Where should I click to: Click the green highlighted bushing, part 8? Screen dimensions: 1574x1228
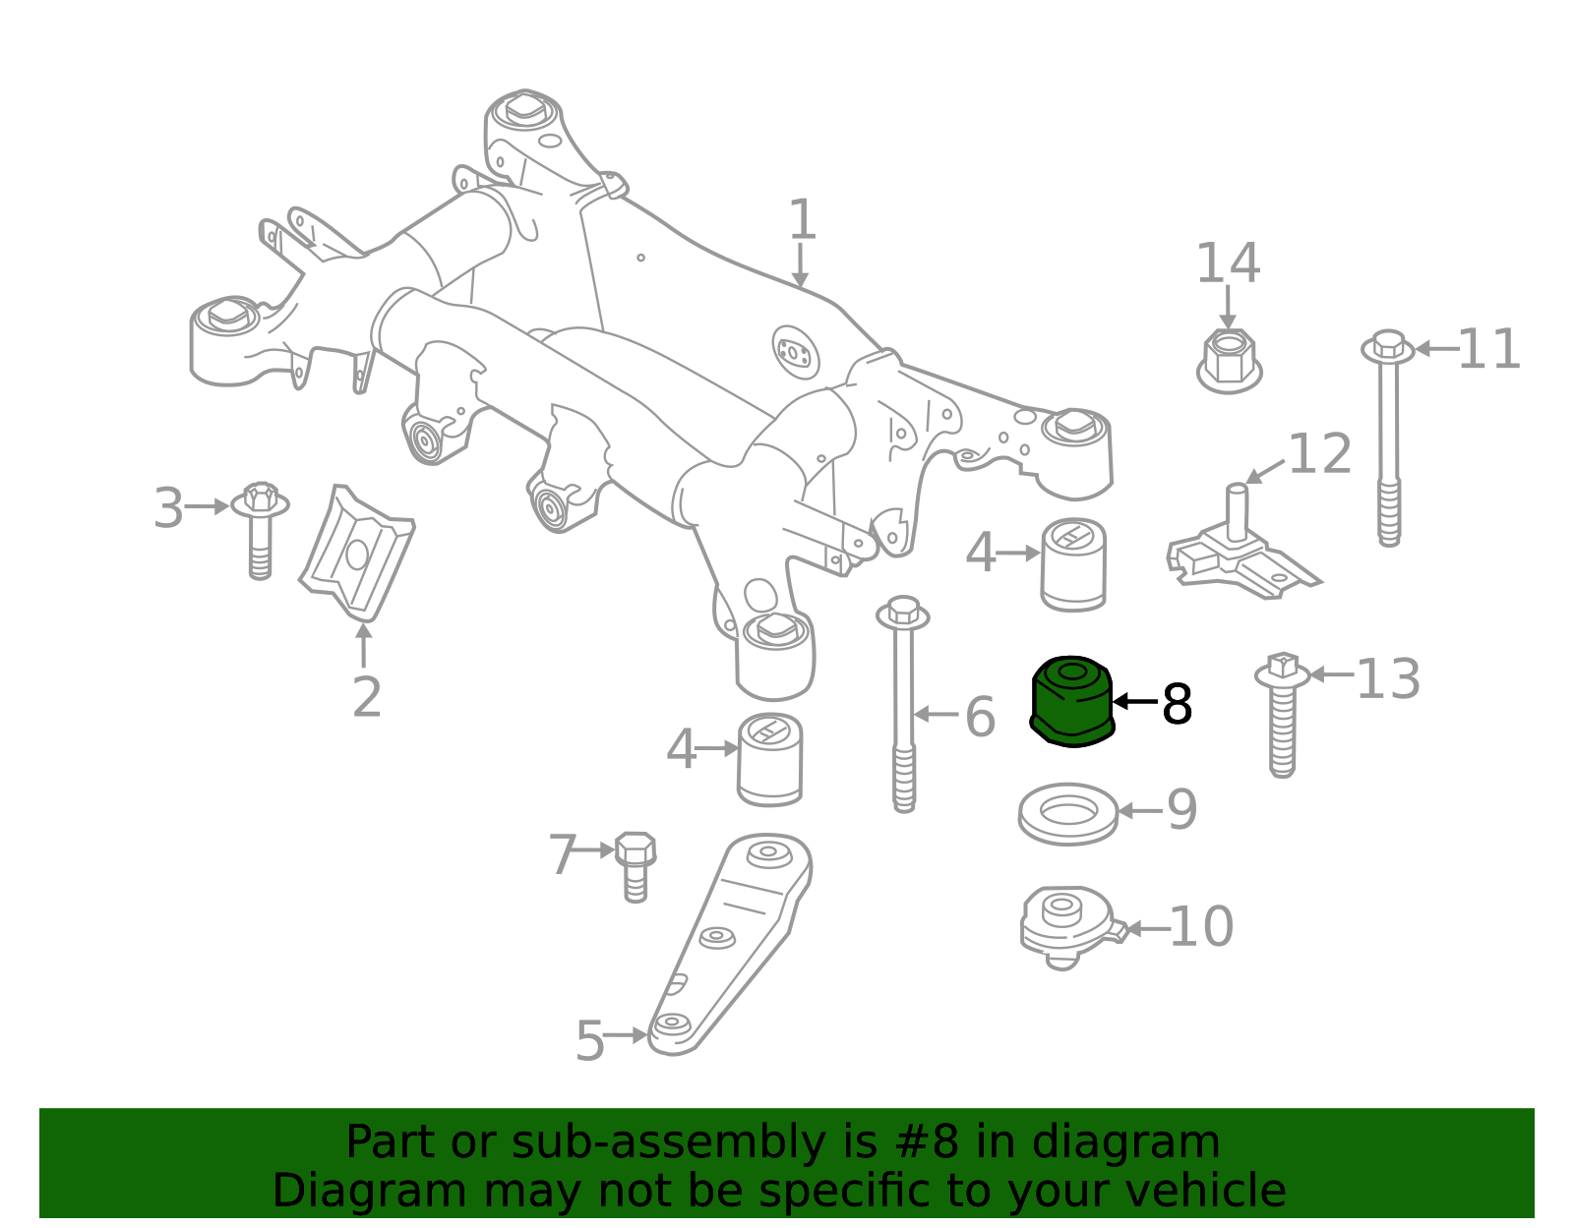(1072, 701)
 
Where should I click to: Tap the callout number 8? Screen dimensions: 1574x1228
(1177, 703)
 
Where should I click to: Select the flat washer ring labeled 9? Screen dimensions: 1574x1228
(1067, 813)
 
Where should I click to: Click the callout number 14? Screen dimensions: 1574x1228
(1229, 263)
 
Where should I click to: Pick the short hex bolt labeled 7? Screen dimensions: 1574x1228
(636, 867)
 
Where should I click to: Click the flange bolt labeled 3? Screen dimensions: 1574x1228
(260, 530)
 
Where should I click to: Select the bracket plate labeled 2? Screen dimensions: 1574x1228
(357, 554)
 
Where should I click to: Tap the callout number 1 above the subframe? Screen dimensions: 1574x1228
(802, 219)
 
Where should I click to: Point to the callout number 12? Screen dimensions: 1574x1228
(1320, 454)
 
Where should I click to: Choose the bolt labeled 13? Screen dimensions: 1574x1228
(1282, 714)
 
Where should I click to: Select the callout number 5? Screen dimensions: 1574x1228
(590, 1041)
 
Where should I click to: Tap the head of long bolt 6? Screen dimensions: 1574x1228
(902, 613)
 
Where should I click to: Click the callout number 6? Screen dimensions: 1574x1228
(981, 717)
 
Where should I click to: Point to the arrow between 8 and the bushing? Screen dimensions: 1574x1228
(1136, 701)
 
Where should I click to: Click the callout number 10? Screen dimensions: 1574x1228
(1202, 926)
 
